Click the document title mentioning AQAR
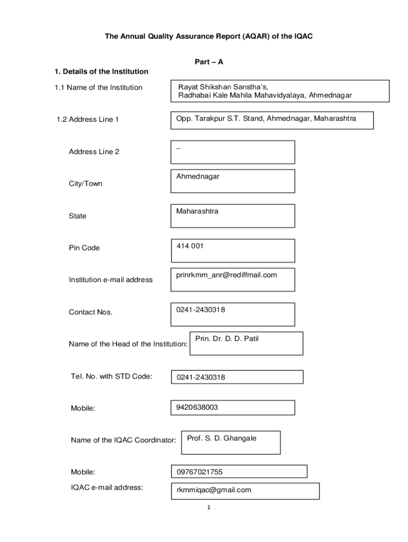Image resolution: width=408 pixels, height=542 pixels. pyautogui.click(x=204, y=37)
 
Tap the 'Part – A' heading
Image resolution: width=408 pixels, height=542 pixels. pyautogui.click(x=209, y=62)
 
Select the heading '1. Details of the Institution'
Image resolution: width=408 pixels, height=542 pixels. pyautogui.click(x=101, y=71)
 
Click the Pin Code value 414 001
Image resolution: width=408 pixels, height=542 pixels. pyautogui.click(x=190, y=246)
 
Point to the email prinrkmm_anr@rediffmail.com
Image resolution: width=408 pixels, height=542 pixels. pyautogui.click(x=227, y=275)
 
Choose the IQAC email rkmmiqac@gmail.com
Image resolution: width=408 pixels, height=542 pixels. pyautogui.click(x=214, y=490)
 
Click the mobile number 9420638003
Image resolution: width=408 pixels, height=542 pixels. pyautogui.click(x=197, y=408)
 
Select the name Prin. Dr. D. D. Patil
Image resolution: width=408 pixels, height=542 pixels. pyautogui.click(x=227, y=338)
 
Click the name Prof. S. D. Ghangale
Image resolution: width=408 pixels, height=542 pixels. pyautogui.click(x=221, y=438)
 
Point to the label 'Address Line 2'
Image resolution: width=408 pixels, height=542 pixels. pyautogui.click(x=94, y=152)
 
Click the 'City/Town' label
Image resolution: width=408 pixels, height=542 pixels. pyautogui.click(x=85, y=184)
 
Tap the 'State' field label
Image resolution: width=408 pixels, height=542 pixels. pyautogui.click(x=77, y=216)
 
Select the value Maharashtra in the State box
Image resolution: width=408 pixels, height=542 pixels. pyautogui.click(x=197, y=211)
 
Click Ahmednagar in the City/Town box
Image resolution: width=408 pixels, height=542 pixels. pyautogui.click(x=198, y=176)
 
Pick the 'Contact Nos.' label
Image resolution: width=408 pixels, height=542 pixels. pyautogui.click(x=91, y=312)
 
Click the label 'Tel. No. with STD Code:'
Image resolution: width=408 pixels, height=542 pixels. pyautogui.click(x=111, y=376)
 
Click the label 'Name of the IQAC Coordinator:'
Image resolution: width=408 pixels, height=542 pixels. pyautogui.click(x=123, y=440)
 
